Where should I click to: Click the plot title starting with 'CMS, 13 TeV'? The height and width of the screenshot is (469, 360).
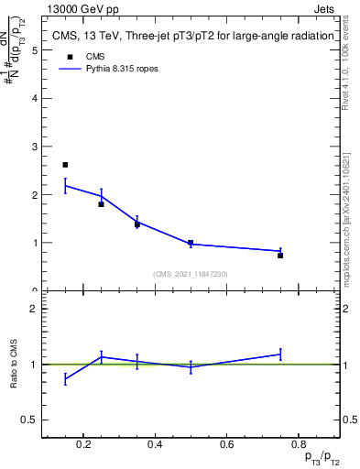tap(190, 38)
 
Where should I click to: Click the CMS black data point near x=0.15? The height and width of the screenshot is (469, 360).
tap(65, 165)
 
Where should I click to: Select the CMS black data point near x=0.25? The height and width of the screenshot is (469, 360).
tap(101, 203)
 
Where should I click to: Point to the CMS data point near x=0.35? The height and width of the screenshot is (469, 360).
tap(136, 224)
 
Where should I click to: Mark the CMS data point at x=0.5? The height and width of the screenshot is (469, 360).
tap(191, 243)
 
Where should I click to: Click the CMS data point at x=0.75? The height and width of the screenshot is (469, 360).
tap(280, 256)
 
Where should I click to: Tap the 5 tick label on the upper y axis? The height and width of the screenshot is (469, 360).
tap(34, 50)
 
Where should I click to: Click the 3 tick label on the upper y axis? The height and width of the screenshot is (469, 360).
tap(34, 147)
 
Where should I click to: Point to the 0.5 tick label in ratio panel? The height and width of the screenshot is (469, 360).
tap(30, 420)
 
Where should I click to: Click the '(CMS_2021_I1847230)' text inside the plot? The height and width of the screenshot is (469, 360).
tap(190, 274)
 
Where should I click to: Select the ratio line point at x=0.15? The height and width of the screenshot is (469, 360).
tap(65, 378)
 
